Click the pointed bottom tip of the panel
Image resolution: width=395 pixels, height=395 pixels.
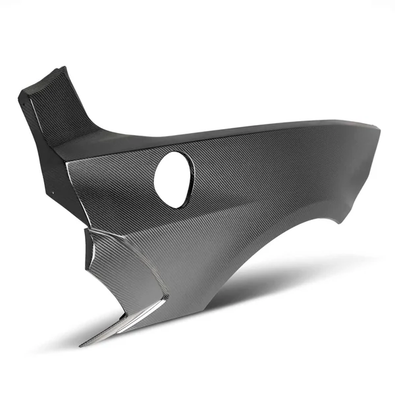tap(82, 346)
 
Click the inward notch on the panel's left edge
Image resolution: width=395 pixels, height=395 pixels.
tap(86, 227)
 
